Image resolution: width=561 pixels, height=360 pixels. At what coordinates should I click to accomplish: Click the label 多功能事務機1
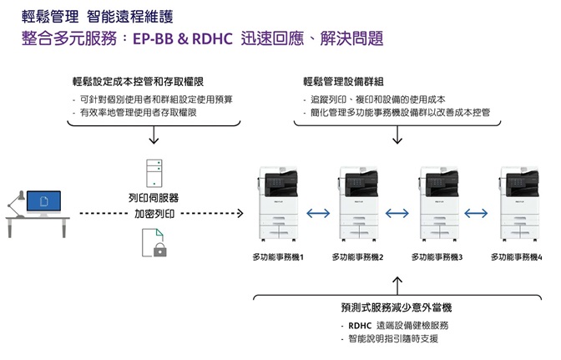click(278, 257)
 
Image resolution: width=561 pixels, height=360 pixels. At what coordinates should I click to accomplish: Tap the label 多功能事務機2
click(357, 257)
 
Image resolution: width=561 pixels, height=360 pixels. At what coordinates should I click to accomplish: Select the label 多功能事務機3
click(437, 257)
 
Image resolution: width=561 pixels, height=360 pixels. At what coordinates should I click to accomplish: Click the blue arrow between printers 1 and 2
click(318, 213)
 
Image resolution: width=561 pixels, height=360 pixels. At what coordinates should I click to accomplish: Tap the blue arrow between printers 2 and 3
click(397, 213)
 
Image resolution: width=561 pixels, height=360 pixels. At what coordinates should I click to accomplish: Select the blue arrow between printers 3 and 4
click(477, 213)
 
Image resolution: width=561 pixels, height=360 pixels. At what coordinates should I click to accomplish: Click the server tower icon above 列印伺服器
click(154, 172)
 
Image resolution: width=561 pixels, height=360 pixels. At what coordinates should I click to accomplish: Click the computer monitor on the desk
click(43, 202)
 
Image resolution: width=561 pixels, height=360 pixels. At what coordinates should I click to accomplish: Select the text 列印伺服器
click(154, 198)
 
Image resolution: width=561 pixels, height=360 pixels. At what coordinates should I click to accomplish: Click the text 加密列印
click(154, 214)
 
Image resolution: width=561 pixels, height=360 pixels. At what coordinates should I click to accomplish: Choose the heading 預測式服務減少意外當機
click(397, 307)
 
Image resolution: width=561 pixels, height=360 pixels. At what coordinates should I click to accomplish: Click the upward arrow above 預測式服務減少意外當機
click(397, 281)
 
